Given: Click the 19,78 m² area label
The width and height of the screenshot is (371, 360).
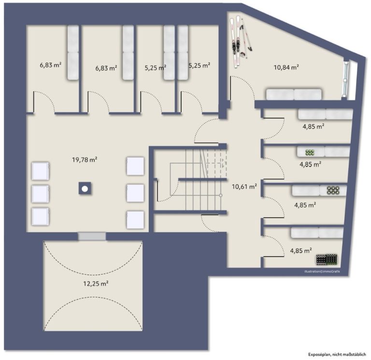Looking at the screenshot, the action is click(x=85, y=160).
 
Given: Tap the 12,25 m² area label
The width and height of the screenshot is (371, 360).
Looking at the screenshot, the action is click(x=96, y=283).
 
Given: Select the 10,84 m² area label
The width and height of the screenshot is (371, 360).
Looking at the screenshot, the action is click(x=286, y=68).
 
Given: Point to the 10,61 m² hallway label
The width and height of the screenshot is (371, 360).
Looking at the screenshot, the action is click(x=244, y=187).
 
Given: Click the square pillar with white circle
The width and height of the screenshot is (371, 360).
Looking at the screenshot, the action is click(x=85, y=188).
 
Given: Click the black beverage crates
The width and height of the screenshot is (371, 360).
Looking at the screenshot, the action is click(x=327, y=259).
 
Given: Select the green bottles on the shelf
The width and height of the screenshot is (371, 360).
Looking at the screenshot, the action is click(x=310, y=152).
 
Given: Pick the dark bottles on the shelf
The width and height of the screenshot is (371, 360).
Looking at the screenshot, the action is click(x=333, y=190).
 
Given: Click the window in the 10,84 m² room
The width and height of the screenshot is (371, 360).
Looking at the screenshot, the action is click(x=346, y=79).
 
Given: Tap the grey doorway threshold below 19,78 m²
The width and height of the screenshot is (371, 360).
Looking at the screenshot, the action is click(x=92, y=236).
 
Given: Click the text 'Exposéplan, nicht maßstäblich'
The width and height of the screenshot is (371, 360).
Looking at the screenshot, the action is click(x=337, y=354).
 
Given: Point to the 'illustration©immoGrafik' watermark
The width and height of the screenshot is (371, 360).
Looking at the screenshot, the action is click(x=322, y=272).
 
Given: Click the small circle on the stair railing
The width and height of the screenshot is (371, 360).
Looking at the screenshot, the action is click(x=220, y=195).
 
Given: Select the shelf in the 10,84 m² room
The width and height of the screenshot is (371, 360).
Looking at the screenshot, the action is click(x=294, y=94).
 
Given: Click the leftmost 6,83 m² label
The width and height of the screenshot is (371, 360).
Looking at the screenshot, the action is click(x=51, y=65).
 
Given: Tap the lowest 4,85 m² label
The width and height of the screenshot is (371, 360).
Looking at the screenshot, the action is click(x=301, y=250).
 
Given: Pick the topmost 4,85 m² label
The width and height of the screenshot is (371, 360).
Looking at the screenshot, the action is click(x=313, y=126).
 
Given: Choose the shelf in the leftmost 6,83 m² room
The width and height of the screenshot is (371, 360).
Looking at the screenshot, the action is click(x=73, y=53).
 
